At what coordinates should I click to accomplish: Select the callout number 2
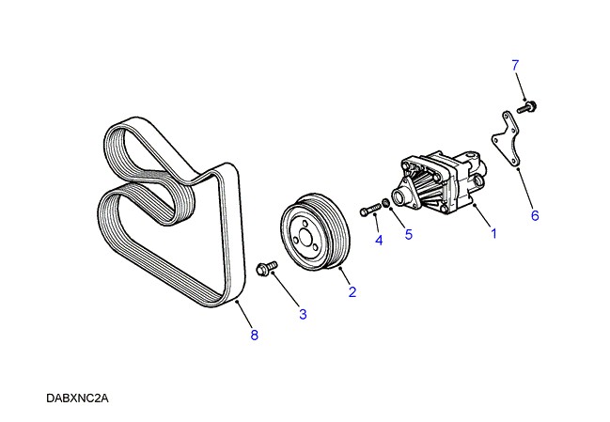coord(352,292)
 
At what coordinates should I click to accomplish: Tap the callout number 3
coord(303,314)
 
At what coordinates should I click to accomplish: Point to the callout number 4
coord(379,241)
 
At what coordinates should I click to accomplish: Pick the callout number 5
coord(409,235)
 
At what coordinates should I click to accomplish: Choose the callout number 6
coord(535,215)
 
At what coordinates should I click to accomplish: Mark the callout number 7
coord(515,65)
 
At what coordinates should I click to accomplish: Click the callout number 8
coord(254,335)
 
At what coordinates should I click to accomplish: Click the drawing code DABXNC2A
coord(78,399)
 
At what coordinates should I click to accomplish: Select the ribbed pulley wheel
coord(316,233)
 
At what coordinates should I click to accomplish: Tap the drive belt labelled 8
coord(169,216)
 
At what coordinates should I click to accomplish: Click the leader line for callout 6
coord(526,189)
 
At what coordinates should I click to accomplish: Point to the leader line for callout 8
coord(243,315)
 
